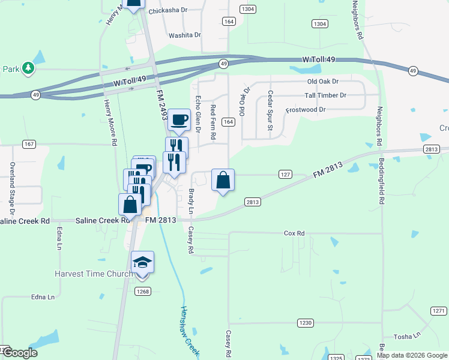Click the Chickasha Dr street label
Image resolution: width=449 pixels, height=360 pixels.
(x=167, y=10)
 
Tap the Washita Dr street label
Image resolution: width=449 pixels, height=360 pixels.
(x=184, y=35)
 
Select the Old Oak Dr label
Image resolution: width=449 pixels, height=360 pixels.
(x=323, y=82)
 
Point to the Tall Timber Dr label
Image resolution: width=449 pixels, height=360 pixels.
(x=326, y=95)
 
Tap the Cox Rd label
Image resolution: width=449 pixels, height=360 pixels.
(x=294, y=233)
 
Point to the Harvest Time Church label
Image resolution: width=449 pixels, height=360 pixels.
(x=94, y=274)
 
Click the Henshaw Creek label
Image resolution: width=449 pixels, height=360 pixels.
(x=190, y=329)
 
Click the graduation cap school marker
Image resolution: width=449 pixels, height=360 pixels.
(x=143, y=263)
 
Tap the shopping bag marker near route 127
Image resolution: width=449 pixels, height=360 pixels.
(x=223, y=180)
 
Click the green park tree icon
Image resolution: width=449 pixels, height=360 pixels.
(x=28, y=69)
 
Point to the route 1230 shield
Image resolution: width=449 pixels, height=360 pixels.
(x=306, y=323)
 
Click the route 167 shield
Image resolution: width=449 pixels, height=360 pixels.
(x=29, y=144)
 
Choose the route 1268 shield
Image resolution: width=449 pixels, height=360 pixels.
(x=142, y=292)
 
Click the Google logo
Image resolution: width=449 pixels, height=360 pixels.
(x=20, y=353)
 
